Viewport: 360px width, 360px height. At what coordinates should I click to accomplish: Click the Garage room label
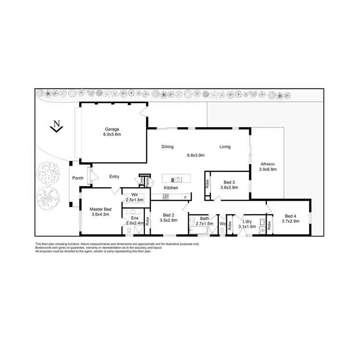(112, 129)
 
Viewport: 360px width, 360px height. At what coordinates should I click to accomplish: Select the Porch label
(78, 178)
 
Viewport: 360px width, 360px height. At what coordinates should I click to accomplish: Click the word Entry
(114, 177)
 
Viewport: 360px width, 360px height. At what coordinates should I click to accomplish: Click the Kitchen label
(171, 188)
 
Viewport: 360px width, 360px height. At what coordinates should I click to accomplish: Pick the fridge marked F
(185, 197)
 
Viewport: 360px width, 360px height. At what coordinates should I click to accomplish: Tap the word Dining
(168, 147)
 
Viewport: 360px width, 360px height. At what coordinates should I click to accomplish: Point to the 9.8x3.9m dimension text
(196, 155)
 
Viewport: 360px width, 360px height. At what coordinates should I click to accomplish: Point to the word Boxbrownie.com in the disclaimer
(47, 248)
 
